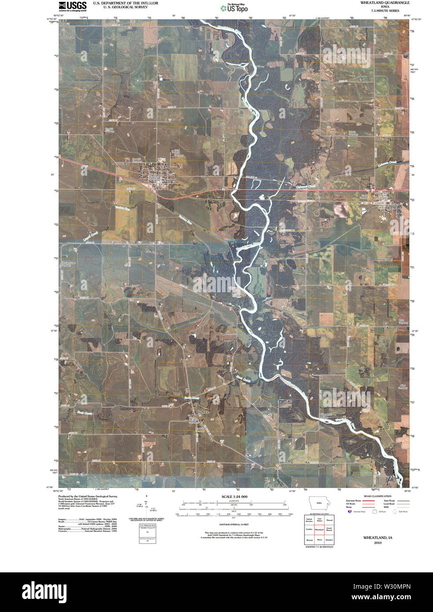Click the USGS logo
72,6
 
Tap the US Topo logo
234,7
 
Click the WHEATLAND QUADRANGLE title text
385,3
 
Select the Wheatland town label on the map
169,181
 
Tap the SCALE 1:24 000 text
234,497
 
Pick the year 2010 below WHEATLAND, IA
377,543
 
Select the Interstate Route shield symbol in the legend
351,512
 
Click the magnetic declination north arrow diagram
147,506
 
